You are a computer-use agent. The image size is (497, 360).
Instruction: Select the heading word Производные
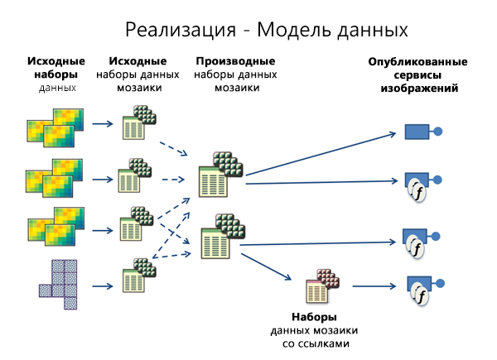click(235, 62)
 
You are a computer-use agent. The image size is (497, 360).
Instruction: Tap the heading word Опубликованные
click(419, 62)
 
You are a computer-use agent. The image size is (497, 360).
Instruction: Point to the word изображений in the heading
click(419, 87)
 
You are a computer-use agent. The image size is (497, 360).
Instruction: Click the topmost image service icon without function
click(417, 130)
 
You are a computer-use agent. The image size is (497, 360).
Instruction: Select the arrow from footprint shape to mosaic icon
click(103, 287)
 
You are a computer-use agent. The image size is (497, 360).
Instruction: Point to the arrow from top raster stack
click(103, 125)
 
